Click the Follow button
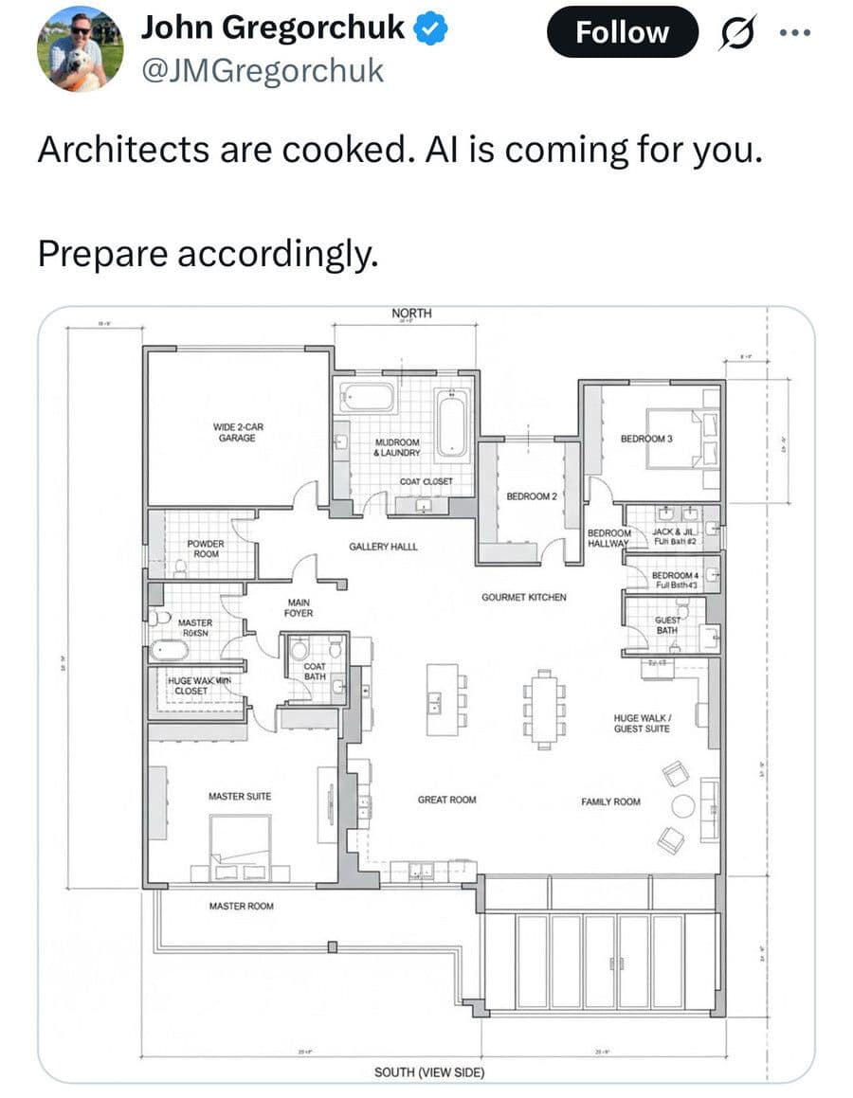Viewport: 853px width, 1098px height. (x=623, y=32)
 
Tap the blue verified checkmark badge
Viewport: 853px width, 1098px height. (x=432, y=29)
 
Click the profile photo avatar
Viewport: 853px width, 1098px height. (x=81, y=48)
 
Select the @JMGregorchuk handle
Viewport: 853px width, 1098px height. (x=263, y=70)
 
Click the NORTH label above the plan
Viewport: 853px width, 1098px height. (x=411, y=314)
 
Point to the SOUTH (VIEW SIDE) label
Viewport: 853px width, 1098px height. (x=429, y=1072)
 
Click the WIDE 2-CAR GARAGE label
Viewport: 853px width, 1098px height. (x=237, y=432)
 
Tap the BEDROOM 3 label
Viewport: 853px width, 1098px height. (x=646, y=439)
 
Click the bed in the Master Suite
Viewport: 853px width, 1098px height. (x=240, y=847)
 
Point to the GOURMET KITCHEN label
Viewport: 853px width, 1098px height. (x=523, y=598)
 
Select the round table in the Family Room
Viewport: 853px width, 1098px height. (x=682, y=806)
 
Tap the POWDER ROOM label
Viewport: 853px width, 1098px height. (x=205, y=549)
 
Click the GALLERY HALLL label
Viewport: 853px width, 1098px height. (x=383, y=547)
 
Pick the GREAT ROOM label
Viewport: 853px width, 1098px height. (x=446, y=801)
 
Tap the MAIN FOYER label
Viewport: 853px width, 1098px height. (x=299, y=608)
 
